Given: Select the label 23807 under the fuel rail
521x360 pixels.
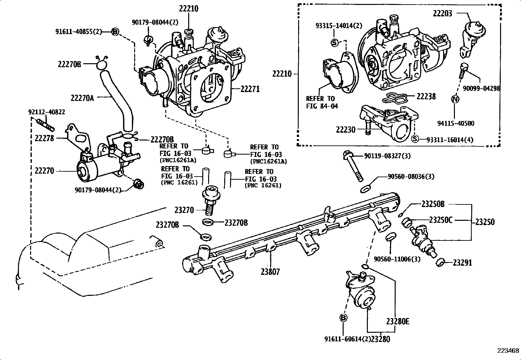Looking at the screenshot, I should (x=270, y=272).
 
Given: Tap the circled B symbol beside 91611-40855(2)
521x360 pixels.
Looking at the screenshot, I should (x=115, y=32).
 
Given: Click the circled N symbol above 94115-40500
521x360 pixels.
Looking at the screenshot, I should (x=456, y=99).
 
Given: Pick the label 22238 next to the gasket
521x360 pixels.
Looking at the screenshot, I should (x=426, y=96).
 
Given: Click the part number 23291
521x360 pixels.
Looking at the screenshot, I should (x=462, y=263).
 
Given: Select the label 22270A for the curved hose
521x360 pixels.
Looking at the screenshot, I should (x=82, y=98).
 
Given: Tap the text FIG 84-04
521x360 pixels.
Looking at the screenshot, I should (x=322, y=106).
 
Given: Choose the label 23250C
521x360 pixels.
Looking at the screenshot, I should (x=440, y=220).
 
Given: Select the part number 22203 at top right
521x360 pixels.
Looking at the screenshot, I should (x=442, y=13).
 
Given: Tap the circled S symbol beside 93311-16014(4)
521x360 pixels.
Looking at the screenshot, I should (x=415, y=139).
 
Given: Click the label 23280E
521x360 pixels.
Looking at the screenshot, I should (x=397, y=321).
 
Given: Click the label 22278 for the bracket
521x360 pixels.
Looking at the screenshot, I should (x=44, y=138).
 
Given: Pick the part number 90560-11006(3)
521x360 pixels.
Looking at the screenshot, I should (x=397, y=259).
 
